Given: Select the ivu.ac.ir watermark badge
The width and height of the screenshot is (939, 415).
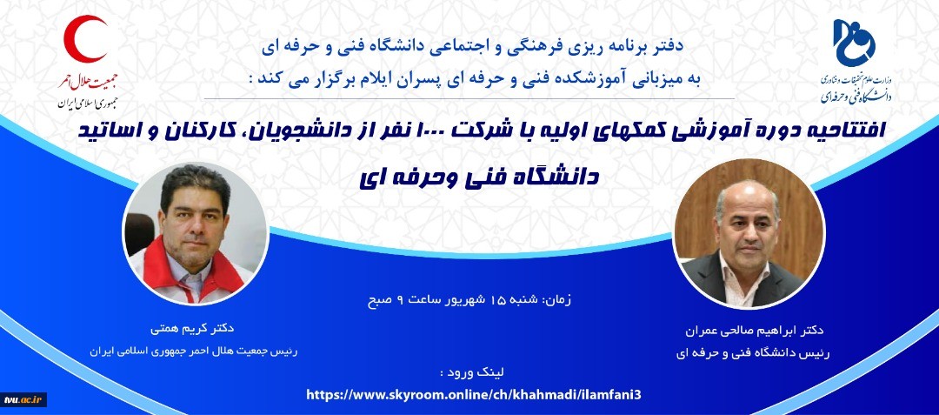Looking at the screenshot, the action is point(23,399).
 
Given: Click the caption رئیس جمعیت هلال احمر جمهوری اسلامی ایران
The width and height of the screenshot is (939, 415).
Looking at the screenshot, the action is point(193,351).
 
